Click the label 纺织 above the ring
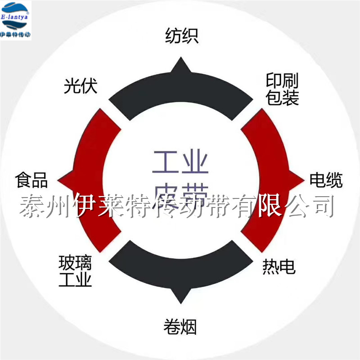click(x=181, y=36)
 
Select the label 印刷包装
click(x=282, y=90)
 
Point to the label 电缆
click(x=326, y=180)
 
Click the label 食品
click(x=31, y=180)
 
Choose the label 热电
click(x=279, y=267)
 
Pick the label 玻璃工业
click(x=75, y=271)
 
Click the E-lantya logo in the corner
click(x=16, y=20)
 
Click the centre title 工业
click(x=180, y=163)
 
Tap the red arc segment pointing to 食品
click(x=92, y=180)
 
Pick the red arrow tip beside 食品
click(x=63, y=180)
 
